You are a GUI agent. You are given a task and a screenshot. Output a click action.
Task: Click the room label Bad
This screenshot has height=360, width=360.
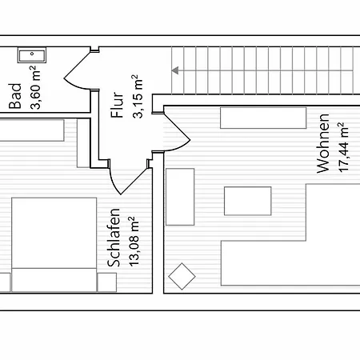click(x=15, y=96)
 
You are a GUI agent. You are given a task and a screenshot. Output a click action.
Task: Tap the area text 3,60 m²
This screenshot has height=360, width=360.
click(x=35, y=87)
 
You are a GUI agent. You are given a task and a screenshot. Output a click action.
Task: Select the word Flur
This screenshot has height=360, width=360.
click(x=118, y=105)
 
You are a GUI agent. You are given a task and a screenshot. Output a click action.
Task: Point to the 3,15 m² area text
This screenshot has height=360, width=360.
click(x=138, y=96)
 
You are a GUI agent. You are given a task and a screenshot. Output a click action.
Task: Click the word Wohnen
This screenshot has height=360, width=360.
click(x=323, y=143)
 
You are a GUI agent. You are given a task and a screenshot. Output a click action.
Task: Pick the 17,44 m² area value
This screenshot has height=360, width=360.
click(x=343, y=147)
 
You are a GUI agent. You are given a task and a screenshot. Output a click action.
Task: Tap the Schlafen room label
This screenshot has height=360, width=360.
click(x=114, y=238)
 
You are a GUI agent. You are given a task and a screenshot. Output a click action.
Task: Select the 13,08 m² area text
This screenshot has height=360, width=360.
click(x=134, y=242)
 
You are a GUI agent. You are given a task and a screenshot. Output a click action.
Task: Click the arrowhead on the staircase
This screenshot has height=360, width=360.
click(x=175, y=70)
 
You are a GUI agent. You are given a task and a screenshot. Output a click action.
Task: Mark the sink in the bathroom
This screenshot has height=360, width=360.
click(x=32, y=55)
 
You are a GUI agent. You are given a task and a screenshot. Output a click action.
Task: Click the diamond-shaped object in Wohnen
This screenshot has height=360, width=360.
click(x=182, y=276)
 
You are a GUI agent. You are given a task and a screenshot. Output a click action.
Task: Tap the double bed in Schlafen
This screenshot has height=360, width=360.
click(x=54, y=245)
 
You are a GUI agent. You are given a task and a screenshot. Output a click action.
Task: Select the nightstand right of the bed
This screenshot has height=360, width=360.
click(x=106, y=282)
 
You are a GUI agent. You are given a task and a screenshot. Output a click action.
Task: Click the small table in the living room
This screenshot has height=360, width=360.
click(x=248, y=201)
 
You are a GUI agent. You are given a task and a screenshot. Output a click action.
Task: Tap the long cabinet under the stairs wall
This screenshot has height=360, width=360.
click(x=263, y=118)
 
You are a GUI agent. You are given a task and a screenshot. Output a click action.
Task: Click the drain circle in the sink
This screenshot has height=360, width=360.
click(x=32, y=54)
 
